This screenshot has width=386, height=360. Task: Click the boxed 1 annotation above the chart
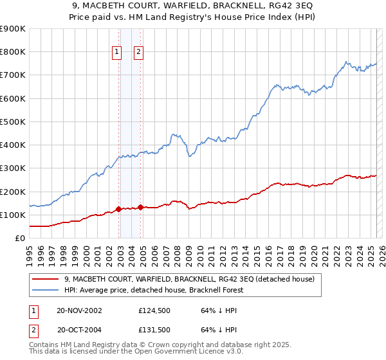coord(116,53)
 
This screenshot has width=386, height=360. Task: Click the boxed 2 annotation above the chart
coord(138,53)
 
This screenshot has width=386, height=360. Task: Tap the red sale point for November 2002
coord(119,209)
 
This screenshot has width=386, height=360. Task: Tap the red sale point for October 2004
coord(141,207)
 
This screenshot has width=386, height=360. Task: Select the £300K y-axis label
coord(13,168)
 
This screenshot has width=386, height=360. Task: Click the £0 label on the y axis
coord(19,239)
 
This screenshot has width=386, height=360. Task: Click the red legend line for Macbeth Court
coord(45,279)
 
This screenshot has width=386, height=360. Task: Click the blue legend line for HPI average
coord(45,290)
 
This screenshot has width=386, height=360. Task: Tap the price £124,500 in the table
coord(153,310)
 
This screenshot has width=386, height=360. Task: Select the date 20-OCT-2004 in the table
coord(80,330)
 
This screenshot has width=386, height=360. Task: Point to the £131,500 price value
coord(153,330)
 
